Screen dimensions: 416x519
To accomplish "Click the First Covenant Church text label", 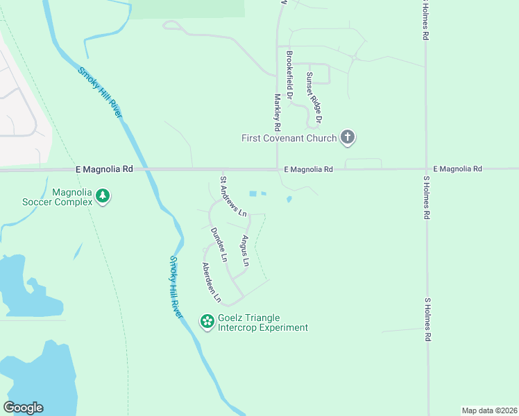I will tap(288, 138).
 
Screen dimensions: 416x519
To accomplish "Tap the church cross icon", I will tap(348, 138).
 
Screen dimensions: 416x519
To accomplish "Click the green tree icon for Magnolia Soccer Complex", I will tap(103, 196).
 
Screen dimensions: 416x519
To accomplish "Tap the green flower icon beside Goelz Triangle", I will tap(207, 321).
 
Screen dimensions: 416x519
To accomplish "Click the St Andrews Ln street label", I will tap(233, 196).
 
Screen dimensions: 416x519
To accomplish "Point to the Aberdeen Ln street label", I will tap(211, 282).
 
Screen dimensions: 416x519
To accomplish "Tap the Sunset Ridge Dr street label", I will tap(314, 98).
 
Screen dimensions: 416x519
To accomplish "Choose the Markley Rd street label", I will tap(276, 112).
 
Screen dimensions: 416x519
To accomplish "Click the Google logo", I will tap(23, 408).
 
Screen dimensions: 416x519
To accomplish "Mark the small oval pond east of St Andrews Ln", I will tap(289, 200).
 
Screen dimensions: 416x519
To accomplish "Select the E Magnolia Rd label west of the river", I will tap(104, 169).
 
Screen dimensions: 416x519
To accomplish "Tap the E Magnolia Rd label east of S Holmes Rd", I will tap(457, 168).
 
